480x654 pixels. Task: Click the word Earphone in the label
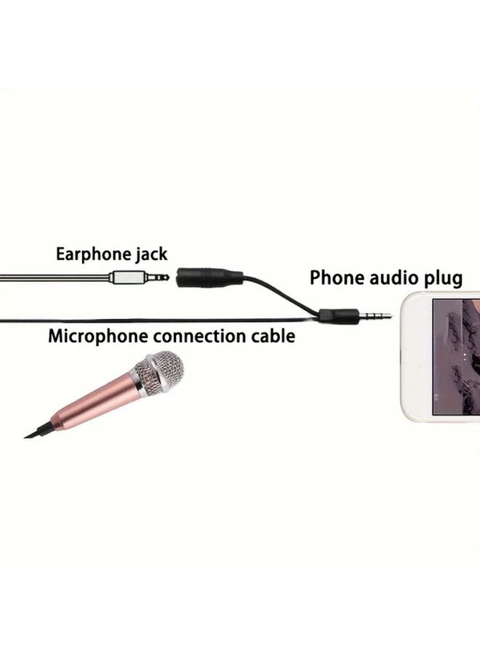point(93,254)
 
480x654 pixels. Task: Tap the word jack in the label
point(151,254)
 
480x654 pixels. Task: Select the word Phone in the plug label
point(336,278)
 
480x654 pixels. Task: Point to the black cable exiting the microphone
point(39,431)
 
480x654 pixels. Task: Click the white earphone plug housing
point(127,277)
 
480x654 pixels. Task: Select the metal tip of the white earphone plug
point(157,277)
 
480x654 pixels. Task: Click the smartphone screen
point(456,357)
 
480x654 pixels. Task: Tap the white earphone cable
point(55,278)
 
